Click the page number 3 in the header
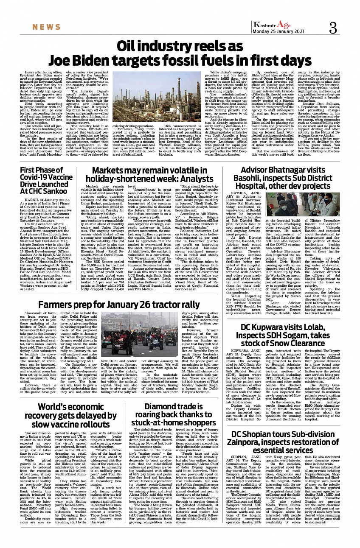333,28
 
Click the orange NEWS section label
46,28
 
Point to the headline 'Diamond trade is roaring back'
168,416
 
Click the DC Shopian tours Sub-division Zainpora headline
289,442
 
